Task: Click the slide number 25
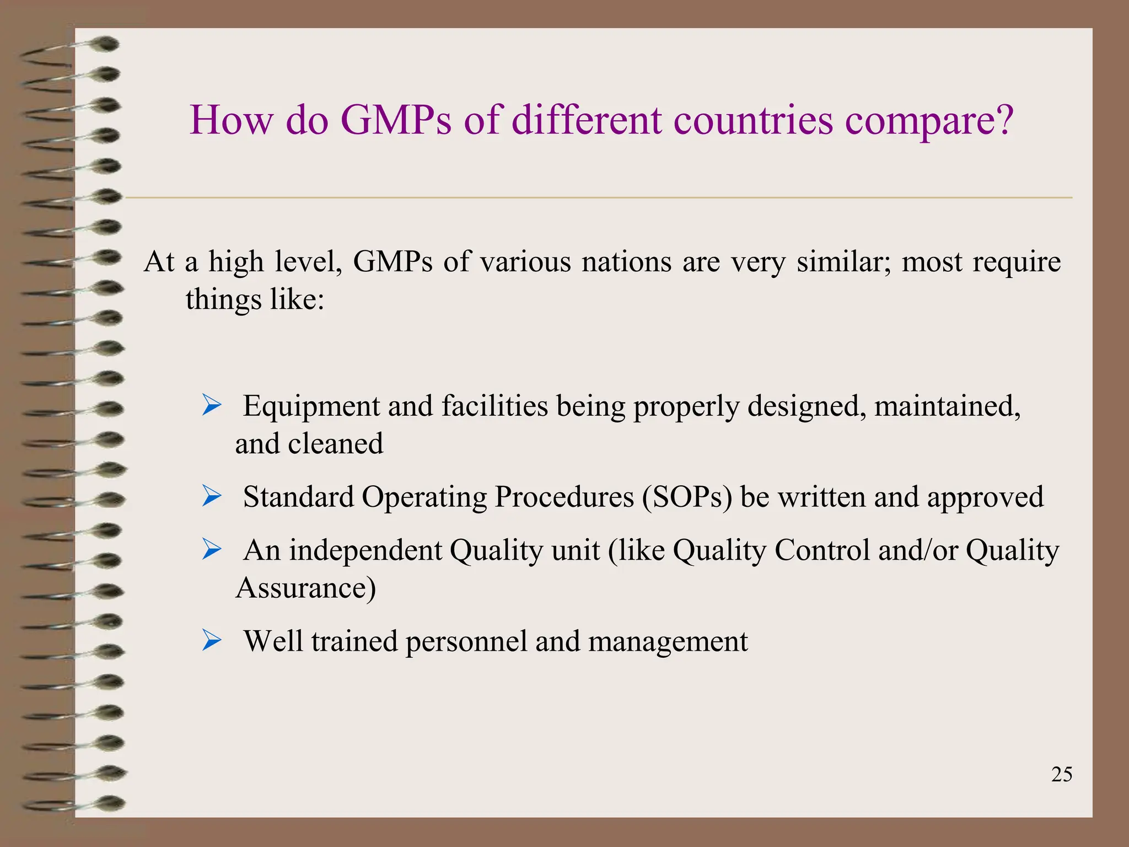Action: click(1061, 775)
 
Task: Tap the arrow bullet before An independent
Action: click(212, 549)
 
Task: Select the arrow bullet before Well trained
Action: click(212, 640)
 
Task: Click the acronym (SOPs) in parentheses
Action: click(687, 497)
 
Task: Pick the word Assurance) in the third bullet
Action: click(306, 588)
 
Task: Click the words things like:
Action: click(255, 300)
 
